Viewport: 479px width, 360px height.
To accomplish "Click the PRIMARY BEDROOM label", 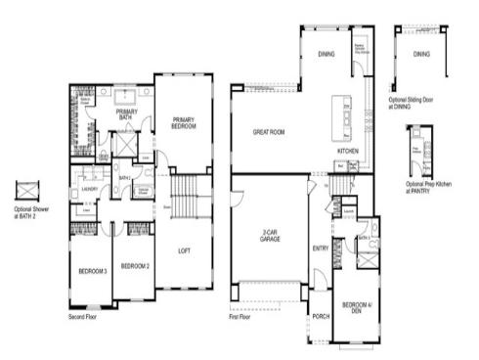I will [183, 122].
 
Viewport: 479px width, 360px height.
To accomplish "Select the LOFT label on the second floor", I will [183, 250].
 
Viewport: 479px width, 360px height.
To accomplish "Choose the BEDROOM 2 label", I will [133, 265].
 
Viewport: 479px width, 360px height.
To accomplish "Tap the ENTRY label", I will [321, 249].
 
